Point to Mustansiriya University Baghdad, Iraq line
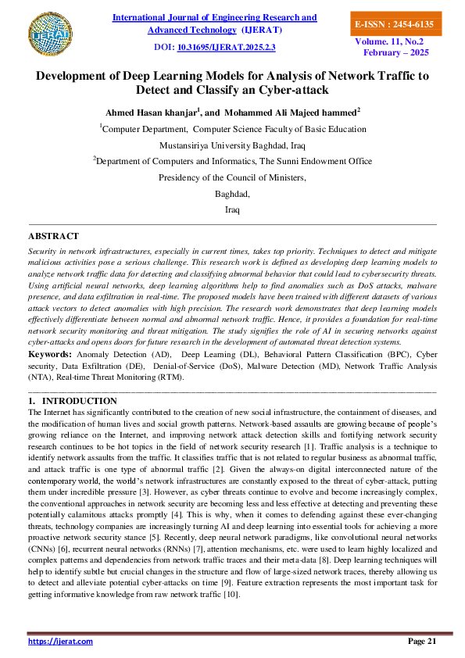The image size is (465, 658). coord(232,145)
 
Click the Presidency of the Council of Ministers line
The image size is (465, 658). coord(232,177)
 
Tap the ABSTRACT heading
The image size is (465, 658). coord(53,235)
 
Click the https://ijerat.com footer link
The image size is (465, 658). coord(60,641)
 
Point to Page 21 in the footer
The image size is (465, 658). coord(421,641)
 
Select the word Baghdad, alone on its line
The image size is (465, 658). coord(232,194)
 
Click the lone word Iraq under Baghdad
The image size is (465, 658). coord(232,210)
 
